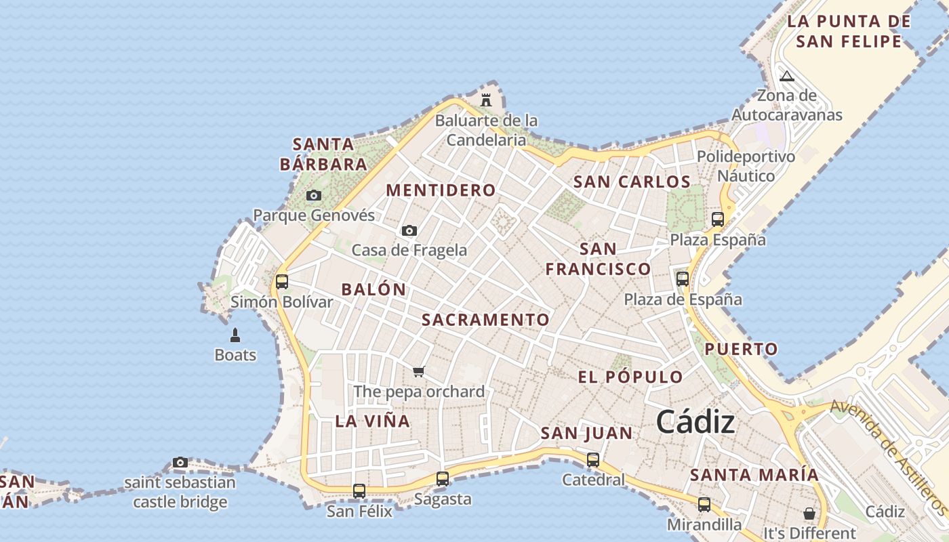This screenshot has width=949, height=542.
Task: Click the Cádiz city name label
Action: point(695,422)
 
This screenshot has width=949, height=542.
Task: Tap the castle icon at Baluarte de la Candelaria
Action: point(486,100)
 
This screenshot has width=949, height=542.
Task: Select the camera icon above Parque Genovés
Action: point(313,196)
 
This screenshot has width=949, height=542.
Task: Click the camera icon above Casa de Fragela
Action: point(409,231)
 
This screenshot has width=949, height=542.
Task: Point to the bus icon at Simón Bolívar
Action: point(282,281)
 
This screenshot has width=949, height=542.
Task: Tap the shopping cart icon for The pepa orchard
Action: point(419,371)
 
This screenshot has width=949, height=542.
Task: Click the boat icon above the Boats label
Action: point(235,335)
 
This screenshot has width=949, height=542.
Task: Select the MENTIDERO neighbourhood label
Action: point(441,190)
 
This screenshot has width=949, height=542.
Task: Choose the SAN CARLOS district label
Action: point(632,182)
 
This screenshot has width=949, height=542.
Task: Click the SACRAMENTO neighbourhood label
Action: point(485,320)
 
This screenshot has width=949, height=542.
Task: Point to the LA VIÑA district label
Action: point(372,421)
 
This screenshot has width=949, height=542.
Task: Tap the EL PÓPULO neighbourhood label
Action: point(630,377)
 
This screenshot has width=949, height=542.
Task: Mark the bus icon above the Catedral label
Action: point(593,460)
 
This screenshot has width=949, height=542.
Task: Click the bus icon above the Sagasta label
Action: point(443,479)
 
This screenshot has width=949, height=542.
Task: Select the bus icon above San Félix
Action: point(359,491)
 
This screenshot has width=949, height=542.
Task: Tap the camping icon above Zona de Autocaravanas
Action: point(786,76)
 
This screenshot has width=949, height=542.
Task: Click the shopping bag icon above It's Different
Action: point(809,513)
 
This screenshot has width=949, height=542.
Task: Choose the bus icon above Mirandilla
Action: point(704,505)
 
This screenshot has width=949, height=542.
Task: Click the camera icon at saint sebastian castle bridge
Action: point(180,463)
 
